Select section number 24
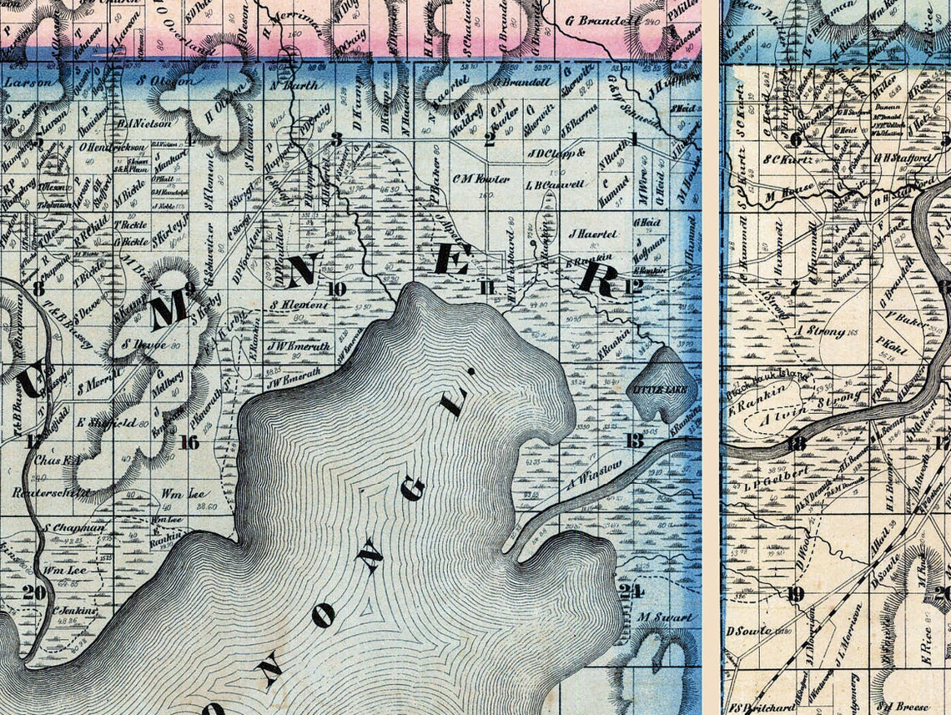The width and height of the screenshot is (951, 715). (632, 592)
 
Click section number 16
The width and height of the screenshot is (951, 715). (189, 442)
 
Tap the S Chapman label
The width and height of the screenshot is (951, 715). (75, 527)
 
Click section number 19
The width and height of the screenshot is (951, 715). (795, 594)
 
